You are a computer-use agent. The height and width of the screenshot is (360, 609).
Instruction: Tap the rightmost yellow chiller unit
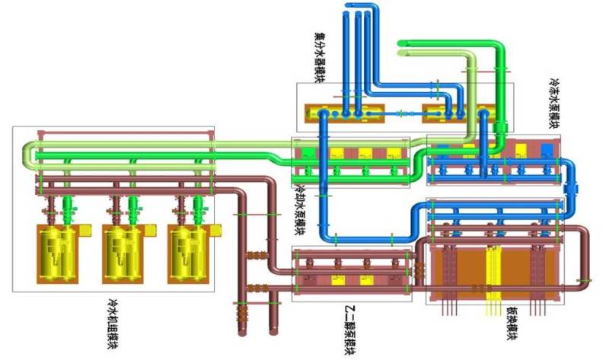[188, 250]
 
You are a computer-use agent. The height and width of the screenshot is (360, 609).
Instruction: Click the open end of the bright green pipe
[403, 43]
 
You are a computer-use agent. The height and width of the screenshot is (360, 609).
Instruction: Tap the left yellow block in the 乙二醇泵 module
[336, 280]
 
